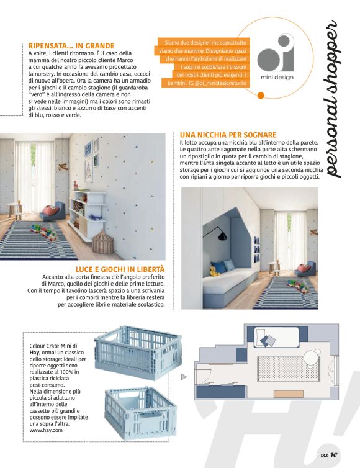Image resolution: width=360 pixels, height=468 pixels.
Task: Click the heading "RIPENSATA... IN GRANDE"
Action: pos(71,45)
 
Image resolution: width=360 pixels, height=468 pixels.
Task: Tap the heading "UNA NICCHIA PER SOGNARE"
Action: pos(228,134)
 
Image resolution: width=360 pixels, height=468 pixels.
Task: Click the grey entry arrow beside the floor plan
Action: pos(184,376)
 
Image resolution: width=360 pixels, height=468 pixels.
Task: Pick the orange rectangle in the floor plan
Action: pos(288,393)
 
